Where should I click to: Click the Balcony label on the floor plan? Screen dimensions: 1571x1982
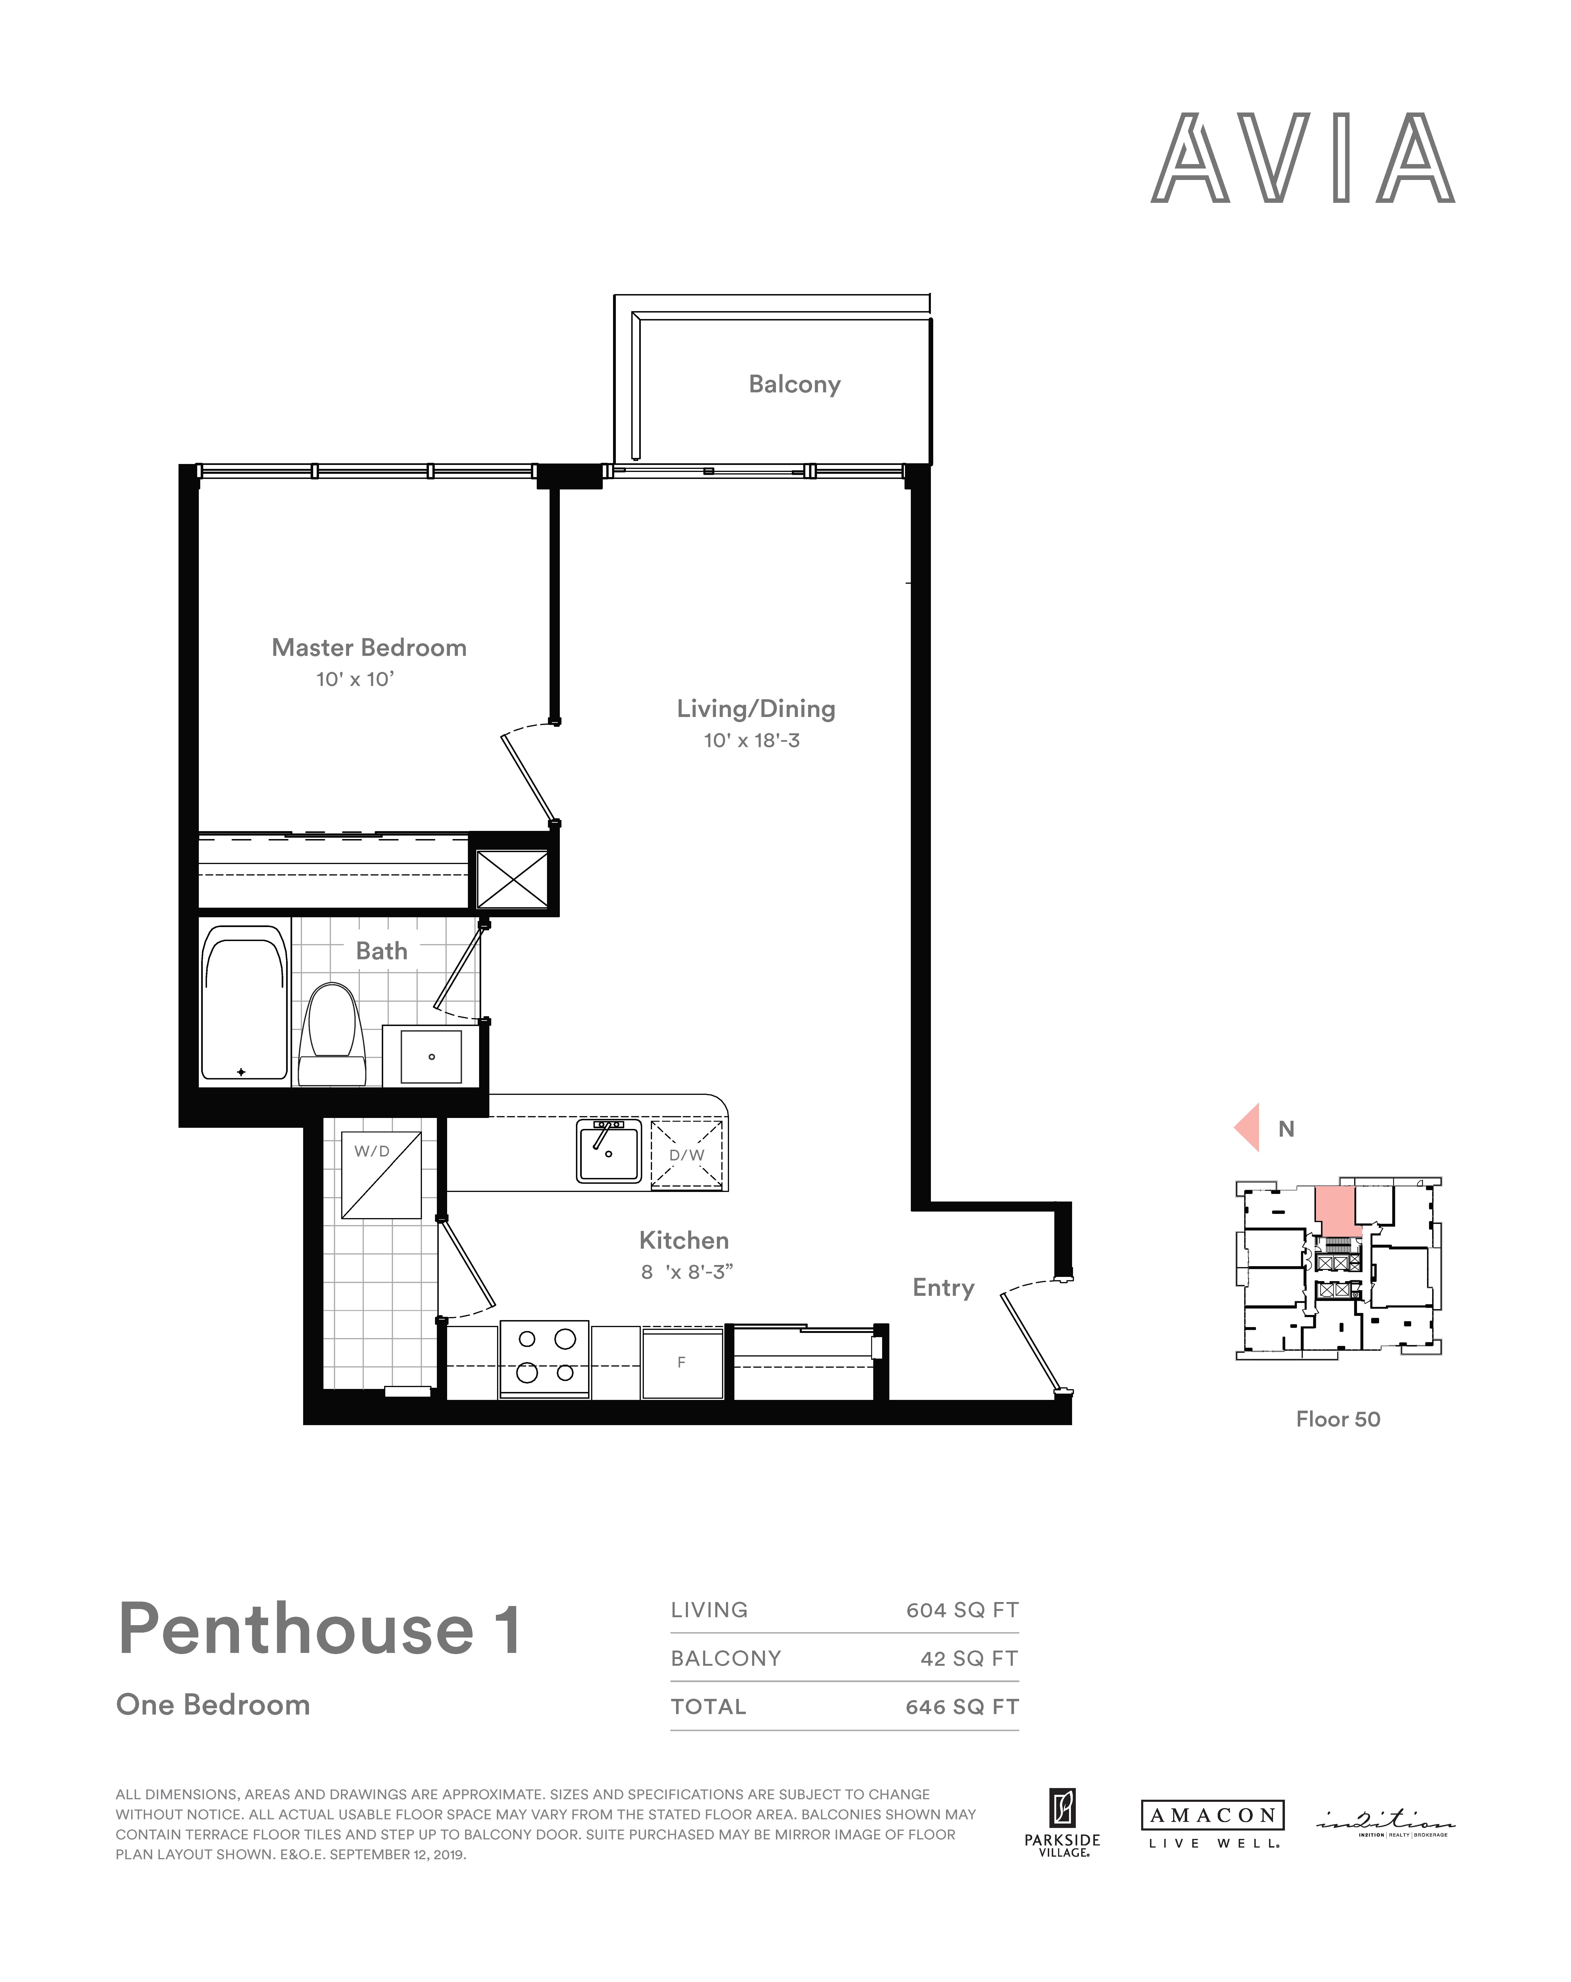(x=794, y=384)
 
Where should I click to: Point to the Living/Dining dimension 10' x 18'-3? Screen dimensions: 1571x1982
(x=751, y=740)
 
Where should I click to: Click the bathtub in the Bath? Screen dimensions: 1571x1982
(x=244, y=1002)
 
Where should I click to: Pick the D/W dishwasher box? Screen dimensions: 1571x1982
(x=687, y=1155)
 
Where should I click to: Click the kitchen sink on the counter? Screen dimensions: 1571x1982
(x=609, y=1150)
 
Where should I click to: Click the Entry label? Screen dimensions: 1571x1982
(x=943, y=1288)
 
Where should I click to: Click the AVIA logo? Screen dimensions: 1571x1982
(x=1303, y=157)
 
